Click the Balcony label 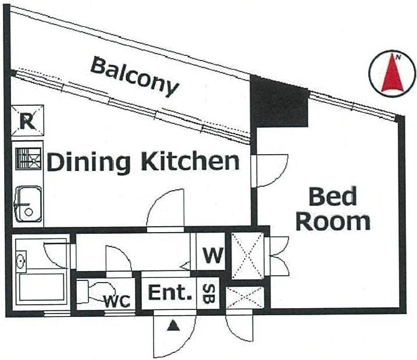tap(134, 76)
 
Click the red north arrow tap(393, 73)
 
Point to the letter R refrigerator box tap(28, 120)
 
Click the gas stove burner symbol tap(28, 159)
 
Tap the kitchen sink tap(28, 204)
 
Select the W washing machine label tap(213, 255)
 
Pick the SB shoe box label tap(208, 294)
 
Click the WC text tap(117, 301)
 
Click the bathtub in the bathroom tap(41, 287)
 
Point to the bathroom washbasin tap(21, 262)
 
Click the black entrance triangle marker tap(173, 326)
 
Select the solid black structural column tap(279, 103)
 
